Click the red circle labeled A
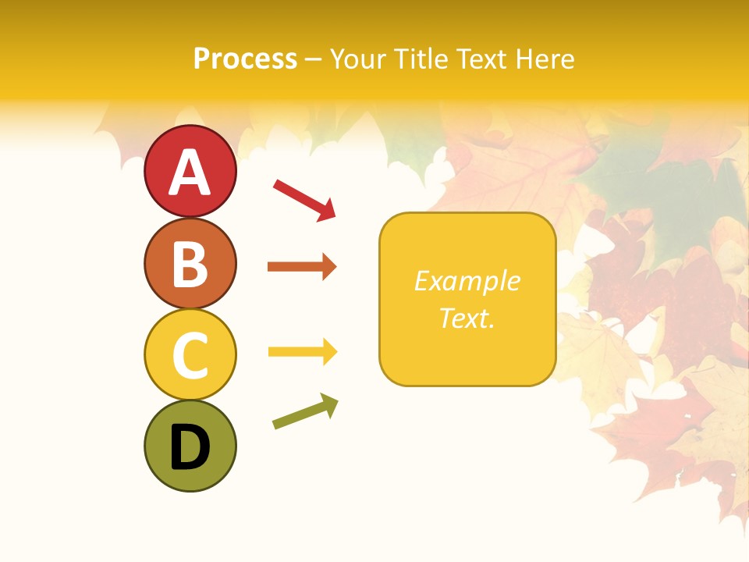click(x=190, y=171)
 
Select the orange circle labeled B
click(x=190, y=263)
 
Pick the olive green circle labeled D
click(x=190, y=446)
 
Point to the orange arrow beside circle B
click(x=302, y=267)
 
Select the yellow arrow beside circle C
click(x=302, y=352)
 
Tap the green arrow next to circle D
click(x=305, y=411)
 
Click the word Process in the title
click(x=245, y=59)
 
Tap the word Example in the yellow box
click(x=467, y=281)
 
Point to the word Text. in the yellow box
click(x=467, y=318)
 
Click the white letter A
click(x=190, y=173)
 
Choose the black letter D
click(x=190, y=447)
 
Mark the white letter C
click(x=190, y=355)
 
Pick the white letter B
click(x=190, y=265)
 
